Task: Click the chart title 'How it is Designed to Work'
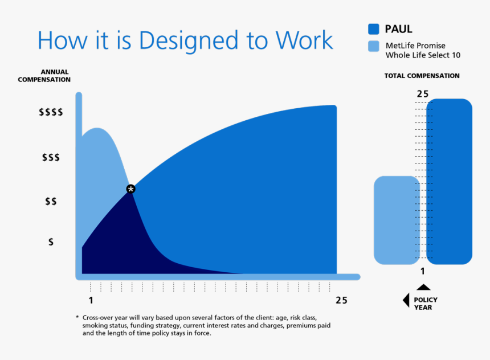click(185, 40)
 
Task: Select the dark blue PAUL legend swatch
click(374, 29)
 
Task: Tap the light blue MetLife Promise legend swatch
click(374, 46)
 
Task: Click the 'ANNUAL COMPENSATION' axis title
click(44, 76)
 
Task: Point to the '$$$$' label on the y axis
click(51, 112)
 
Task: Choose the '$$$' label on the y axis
click(51, 157)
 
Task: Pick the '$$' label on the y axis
click(51, 201)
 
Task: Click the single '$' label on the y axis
click(51, 242)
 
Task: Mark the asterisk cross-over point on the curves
click(130, 189)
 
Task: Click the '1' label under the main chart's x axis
click(91, 300)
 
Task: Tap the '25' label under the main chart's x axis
click(341, 300)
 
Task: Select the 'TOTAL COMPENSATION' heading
click(422, 76)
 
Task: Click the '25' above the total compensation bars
click(422, 94)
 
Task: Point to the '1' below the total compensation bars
click(423, 271)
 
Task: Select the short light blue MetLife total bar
click(396, 220)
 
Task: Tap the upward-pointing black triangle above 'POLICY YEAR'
click(423, 287)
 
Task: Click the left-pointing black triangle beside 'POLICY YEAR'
click(406, 300)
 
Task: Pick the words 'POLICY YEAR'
click(426, 304)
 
